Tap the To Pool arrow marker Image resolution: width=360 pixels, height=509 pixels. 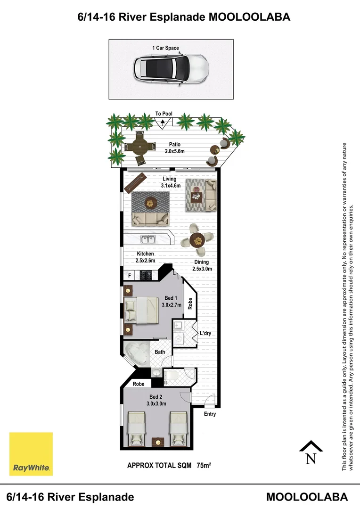click(163, 123)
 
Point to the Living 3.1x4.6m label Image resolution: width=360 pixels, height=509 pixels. click(169, 182)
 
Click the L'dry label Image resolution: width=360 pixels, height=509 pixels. click(205, 333)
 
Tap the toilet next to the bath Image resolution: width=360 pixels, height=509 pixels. click(174, 376)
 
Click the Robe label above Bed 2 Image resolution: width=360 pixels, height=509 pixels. click(138, 384)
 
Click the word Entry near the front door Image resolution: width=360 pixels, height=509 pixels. click(210, 414)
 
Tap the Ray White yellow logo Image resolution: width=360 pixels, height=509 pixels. click(31, 454)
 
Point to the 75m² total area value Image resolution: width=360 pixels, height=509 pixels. click(204, 465)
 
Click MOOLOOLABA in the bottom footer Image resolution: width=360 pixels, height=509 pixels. click(307, 497)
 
